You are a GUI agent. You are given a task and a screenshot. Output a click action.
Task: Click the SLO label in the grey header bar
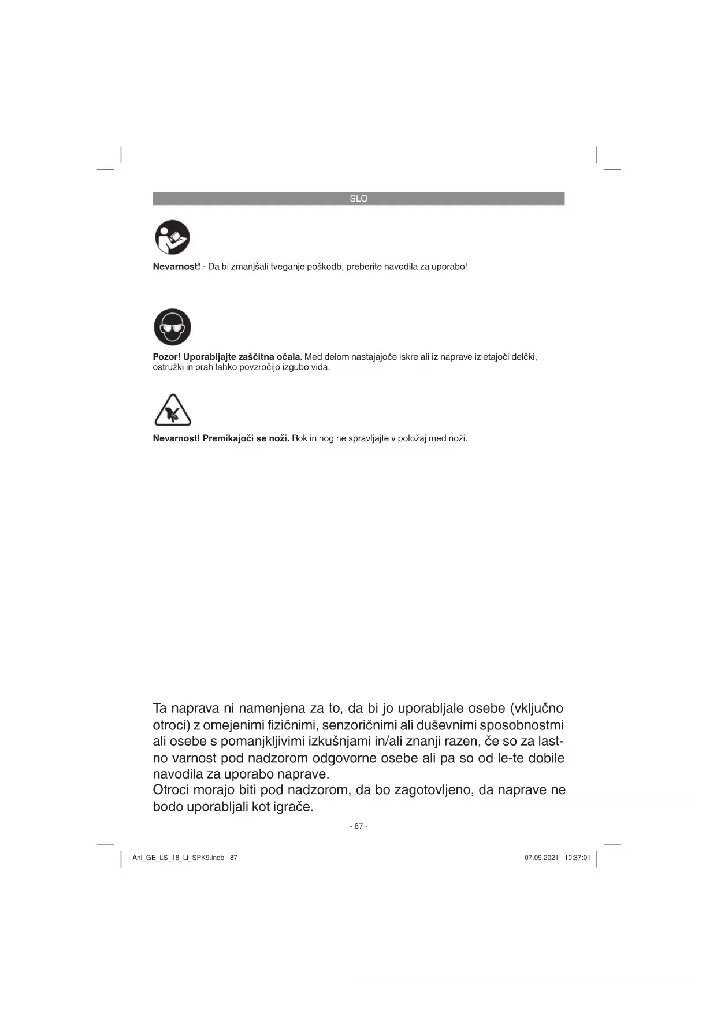pos(358,199)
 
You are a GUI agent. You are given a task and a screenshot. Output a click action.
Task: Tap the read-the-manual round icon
pos(172,237)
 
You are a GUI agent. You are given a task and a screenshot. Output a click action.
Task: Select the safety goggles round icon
pos(172,327)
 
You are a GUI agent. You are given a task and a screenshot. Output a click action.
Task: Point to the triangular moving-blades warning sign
pos(172,411)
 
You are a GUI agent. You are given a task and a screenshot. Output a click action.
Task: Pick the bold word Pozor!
pos(166,357)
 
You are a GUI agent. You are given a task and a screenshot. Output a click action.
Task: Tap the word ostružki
pos(168,367)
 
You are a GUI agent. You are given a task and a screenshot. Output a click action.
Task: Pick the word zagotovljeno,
pos(433,790)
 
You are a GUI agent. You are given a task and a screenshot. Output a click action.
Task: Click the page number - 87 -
pos(358,826)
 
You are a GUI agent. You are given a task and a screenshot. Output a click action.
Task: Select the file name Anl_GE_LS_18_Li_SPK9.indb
pos(178,858)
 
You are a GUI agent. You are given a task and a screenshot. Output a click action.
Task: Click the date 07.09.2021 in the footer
pos(541,858)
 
